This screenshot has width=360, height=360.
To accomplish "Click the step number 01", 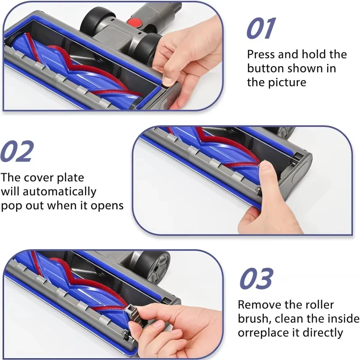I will coord(261,29).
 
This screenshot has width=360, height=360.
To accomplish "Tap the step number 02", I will coord(17,152).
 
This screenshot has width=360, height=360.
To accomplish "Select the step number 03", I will coord(256,279).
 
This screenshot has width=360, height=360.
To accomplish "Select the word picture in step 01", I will coord(286,82).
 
